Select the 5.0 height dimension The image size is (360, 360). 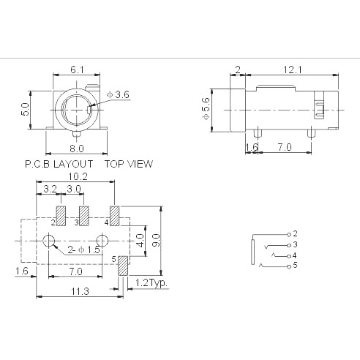25,109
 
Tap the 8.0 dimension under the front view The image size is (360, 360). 77,148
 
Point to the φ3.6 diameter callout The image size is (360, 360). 118,94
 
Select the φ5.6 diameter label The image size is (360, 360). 207,109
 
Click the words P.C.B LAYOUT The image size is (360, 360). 59,164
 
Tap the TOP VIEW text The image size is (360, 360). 129,164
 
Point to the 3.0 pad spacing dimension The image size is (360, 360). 72,189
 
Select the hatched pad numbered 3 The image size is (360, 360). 83,216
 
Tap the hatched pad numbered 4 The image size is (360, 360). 113,216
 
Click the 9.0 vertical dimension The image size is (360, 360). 156,239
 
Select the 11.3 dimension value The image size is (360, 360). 80,291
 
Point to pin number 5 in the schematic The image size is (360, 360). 295,265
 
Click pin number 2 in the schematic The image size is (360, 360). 295,233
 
